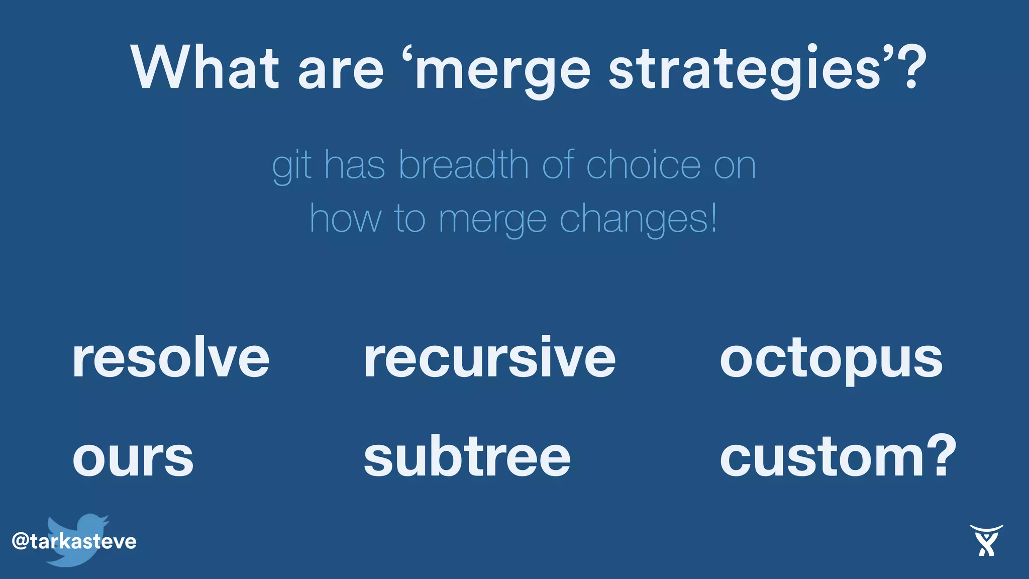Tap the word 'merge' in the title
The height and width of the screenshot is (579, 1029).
tap(502, 70)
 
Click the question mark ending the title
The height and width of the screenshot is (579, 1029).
tap(909, 68)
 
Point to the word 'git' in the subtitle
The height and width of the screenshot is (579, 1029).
tap(292, 166)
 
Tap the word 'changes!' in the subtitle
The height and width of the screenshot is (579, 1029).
tap(638, 220)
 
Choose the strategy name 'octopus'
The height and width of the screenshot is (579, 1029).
tap(831, 360)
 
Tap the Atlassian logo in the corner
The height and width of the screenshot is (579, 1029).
tap(986, 540)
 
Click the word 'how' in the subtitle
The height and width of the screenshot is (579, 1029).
tap(345, 220)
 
